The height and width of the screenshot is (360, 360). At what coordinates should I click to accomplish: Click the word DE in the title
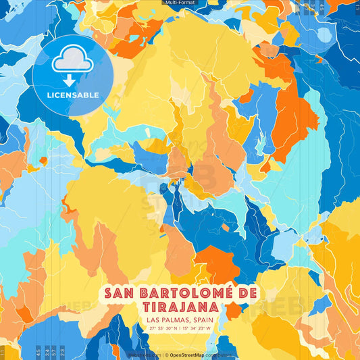click(248, 293)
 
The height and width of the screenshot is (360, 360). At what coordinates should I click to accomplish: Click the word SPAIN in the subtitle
click(197, 320)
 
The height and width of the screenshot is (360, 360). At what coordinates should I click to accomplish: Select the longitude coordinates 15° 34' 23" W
click(196, 328)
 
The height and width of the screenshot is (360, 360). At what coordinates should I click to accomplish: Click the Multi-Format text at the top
click(180, 3)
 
